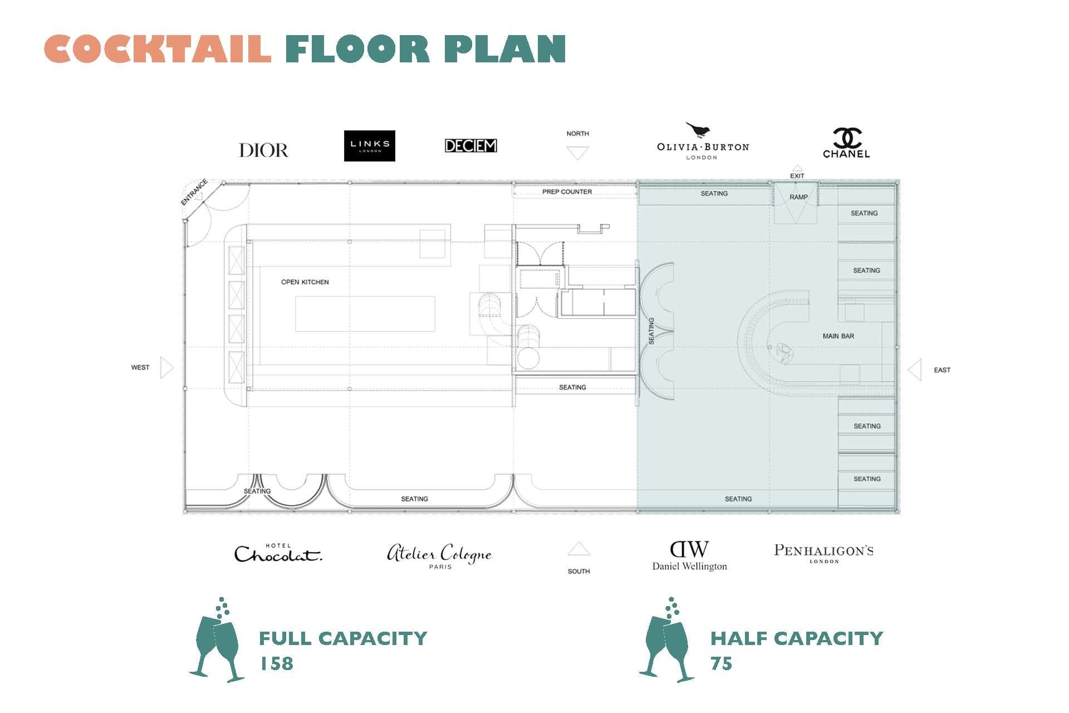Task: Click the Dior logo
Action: click(x=263, y=150)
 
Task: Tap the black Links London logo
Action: click(x=370, y=146)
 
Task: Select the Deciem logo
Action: click(x=470, y=146)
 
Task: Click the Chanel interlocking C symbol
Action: click(x=847, y=138)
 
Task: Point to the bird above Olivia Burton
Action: click(x=698, y=130)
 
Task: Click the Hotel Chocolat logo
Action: click(x=278, y=553)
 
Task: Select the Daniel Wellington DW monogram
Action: click(x=689, y=549)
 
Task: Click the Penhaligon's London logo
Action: click(x=823, y=553)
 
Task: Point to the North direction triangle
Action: click(x=577, y=152)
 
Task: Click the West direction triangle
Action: click(x=167, y=368)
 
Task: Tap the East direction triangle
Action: click(x=914, y=370)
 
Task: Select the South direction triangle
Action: click(x=578, y=549)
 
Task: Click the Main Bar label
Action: click(x=838, y=336)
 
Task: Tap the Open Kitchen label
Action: click(x=305, y=282)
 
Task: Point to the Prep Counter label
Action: click(x=567, y=192)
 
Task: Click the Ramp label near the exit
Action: click(x=798, y=197)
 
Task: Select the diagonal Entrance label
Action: click(x=194, y=192)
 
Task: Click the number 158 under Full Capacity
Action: click(x=277, y=663)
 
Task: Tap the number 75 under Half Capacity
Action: click(x=721, y=663)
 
